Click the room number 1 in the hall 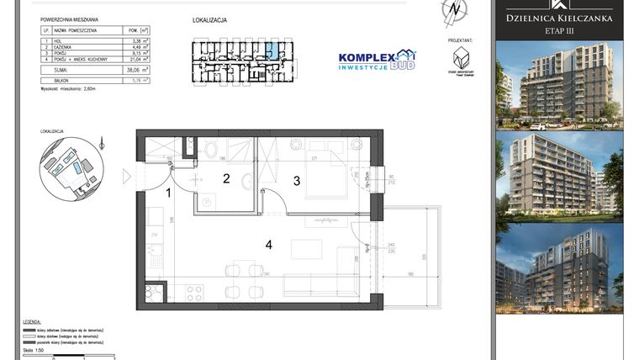(x=168, y=193)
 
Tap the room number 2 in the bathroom (x=225, y=177)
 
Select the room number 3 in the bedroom (x=296, y=180)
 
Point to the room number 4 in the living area (x=269, y=245)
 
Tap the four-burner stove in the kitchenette (x=193, y=293)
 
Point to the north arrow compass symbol (x=454, y=10)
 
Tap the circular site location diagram (x=71, y=167)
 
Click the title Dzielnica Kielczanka (x=559, y=17)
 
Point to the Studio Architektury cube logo (x=459, y=58)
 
